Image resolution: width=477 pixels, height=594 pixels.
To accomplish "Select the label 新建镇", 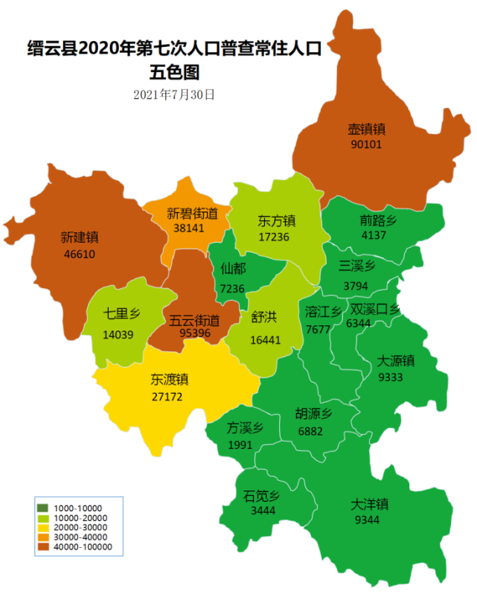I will (80, 238).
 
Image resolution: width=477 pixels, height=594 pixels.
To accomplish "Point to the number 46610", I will (80, 254).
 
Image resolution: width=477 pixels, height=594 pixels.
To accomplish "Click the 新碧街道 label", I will (193, 214).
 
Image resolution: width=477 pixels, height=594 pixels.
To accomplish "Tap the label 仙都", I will (233, 269).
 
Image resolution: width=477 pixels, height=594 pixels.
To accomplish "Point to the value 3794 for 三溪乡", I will (356, 285).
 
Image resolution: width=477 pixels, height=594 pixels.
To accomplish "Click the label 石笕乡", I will (260, 496).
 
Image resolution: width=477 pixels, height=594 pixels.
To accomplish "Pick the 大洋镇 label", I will (370, 504).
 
